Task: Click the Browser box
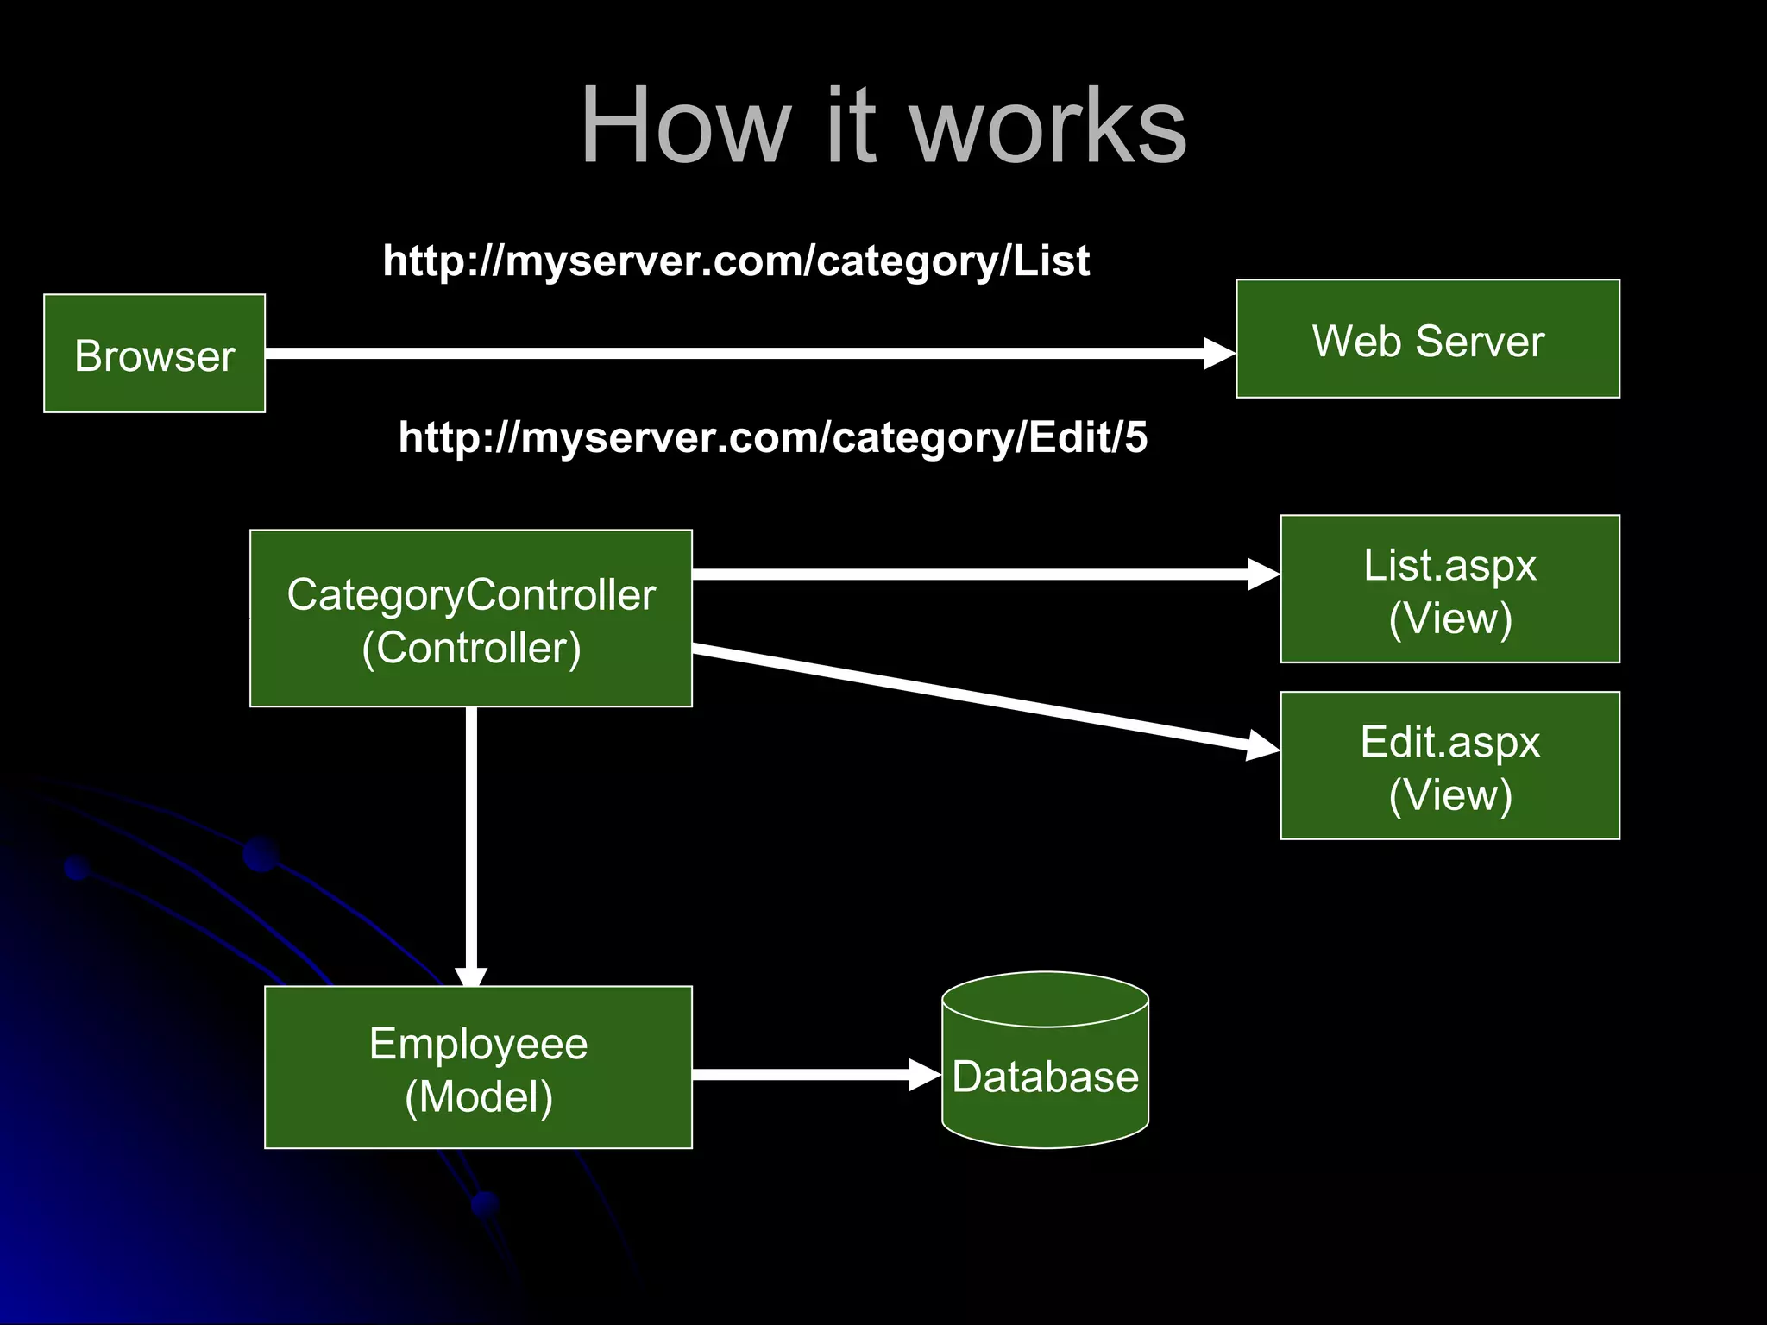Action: tap(154, 354)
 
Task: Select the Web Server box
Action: tap(1427, 339)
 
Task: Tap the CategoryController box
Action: tap(471, 619)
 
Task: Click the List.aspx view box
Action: tap(1449, 589)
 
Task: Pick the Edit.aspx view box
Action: tap(1449, 765)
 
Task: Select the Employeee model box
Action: tap(478, 1067)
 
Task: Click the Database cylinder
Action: tap(1045, 1061)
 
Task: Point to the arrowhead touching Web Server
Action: tap(1219, 354)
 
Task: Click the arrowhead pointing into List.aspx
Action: tap(1264, 575)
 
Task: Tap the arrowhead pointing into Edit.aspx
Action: tap(1263, 744)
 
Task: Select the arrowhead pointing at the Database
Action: tap(925, 1075)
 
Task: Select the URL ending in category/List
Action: tap(736, 261)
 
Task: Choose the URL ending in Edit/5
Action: tap(772, 437)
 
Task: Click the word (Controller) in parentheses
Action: tap(471, 648)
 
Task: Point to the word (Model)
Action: tap(478, 1096)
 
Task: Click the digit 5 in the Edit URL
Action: tap(1136, 437)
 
